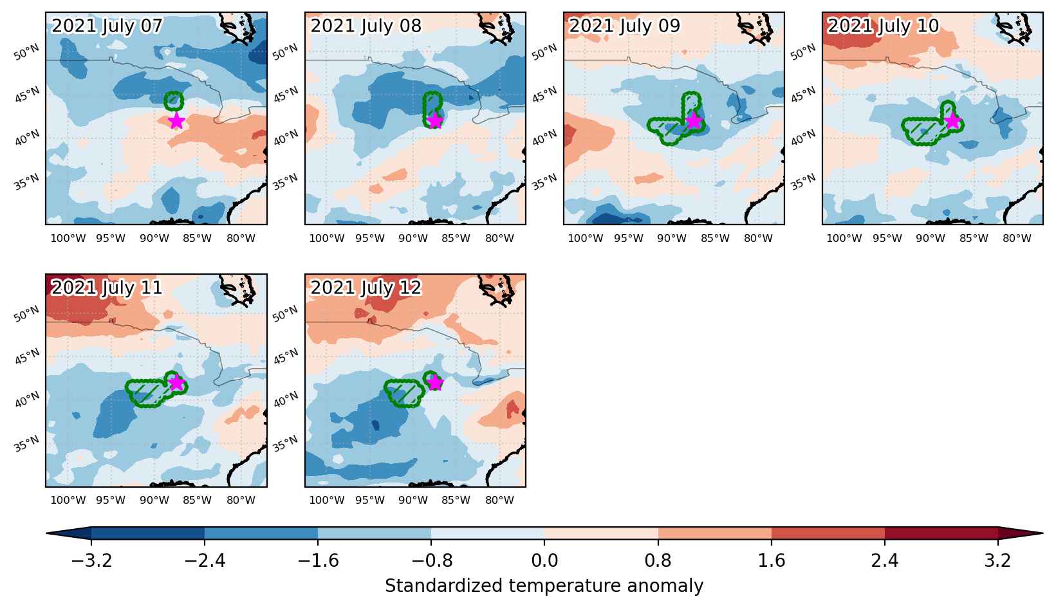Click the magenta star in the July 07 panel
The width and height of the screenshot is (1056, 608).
(x=176, y=121)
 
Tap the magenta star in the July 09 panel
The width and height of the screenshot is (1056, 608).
(x=694, y=121)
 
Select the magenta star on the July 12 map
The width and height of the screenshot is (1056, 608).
(x=434, y=383)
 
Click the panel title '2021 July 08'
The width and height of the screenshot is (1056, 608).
(x=366, y=26)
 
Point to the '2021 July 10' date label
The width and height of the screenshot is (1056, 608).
(x=883, y=26)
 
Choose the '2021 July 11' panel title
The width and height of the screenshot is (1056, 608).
(x=107, y=288)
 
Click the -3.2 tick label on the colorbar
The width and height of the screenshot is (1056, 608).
(x=91, y=561)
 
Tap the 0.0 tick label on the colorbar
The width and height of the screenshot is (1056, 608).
(x=544, y=561)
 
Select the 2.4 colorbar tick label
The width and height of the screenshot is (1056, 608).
(x=884, y=561)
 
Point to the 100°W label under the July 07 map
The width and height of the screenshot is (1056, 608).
(x=68, y=239)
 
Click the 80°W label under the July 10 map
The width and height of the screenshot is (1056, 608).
(x=1017, y=239)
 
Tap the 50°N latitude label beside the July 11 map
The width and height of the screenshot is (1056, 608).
(x=26, y=314)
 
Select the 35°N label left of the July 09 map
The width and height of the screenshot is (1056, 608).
(x=544, y=182)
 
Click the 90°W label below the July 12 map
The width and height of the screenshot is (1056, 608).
(x=413, y=500)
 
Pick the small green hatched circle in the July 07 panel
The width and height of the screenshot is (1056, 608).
(x=174, y=100)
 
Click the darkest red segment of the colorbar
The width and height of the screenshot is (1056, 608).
(x=941, y=533)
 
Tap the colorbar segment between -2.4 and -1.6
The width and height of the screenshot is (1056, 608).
(x=261, y=533)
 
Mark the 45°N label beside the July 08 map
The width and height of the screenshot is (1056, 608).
(x=286, y=95)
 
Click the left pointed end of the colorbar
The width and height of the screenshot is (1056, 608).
(x=47, y=533)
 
